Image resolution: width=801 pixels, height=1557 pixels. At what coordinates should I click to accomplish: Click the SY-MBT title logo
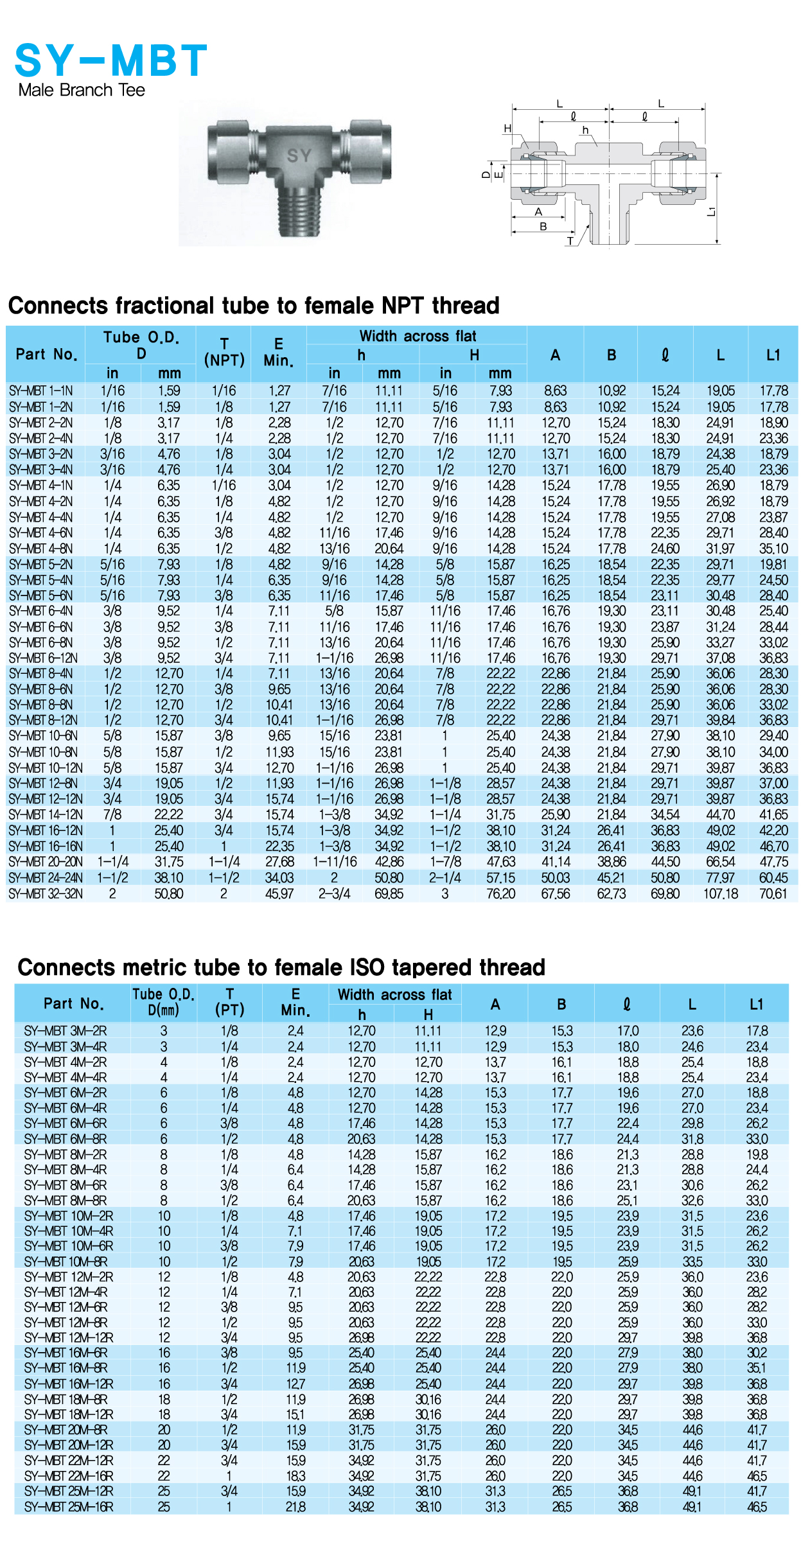click(110, 60)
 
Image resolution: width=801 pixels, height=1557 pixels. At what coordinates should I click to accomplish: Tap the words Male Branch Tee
click(82, 90)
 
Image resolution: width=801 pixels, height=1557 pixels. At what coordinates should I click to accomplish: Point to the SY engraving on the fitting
click(299, 155)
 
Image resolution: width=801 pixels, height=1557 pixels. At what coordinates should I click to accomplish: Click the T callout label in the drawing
click(570, 241)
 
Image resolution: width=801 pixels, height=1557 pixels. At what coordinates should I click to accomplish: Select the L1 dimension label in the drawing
click(710, 211)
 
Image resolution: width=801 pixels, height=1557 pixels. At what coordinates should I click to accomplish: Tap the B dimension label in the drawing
click(543, 226)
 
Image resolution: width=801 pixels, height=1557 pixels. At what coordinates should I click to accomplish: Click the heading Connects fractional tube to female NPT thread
click(254, 305)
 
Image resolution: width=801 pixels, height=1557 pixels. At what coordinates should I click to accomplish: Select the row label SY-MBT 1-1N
click(41, 391)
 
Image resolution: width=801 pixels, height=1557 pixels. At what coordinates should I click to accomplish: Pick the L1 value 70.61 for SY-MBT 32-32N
click(773, 893)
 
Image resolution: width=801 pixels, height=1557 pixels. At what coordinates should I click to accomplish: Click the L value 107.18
click(721, 893)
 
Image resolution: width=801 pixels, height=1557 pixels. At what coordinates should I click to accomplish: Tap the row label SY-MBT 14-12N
click(46, 814)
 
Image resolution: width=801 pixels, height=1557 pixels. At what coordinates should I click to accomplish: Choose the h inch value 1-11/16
click(335, 862)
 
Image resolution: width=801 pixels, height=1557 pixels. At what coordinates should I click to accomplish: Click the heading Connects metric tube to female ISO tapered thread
click(281, 967)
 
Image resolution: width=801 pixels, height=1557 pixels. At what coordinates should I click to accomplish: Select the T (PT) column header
click(229, 1002)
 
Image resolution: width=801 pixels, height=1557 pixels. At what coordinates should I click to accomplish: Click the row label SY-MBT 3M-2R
click(66, 1031)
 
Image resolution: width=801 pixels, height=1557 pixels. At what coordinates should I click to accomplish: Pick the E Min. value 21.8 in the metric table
click(295, 1506)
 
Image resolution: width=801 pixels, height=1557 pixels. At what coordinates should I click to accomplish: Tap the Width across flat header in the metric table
click(394, 994)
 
